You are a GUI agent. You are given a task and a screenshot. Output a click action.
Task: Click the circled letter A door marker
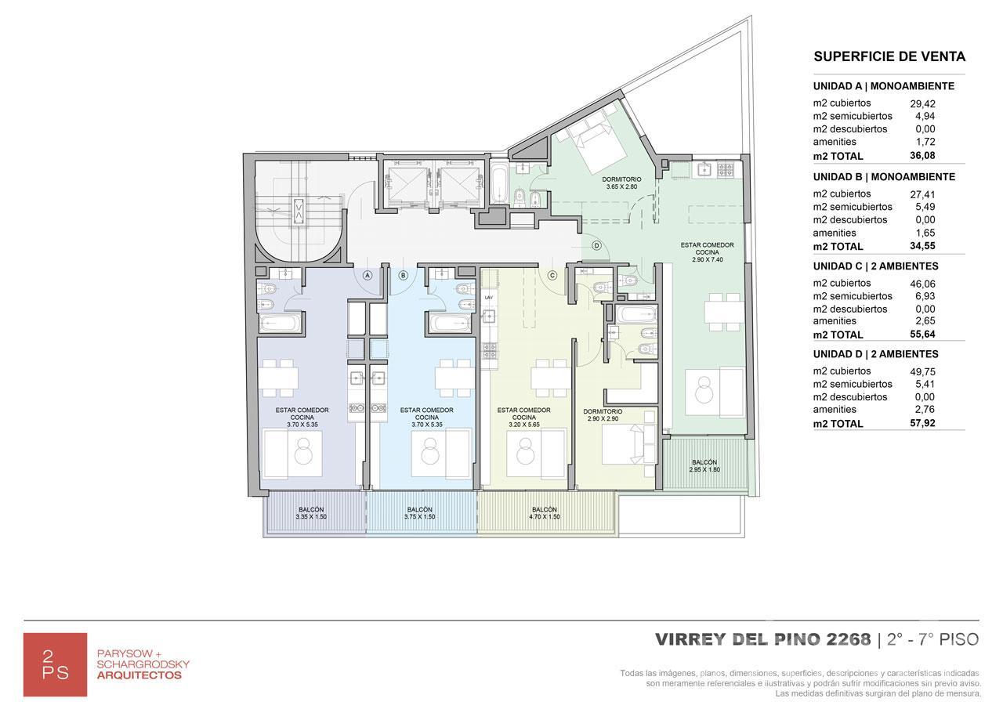368,275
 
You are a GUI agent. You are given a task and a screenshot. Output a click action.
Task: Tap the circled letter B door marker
403,275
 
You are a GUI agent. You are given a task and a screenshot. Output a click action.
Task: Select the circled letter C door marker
552,275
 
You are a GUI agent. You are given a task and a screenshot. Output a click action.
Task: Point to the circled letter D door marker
596,245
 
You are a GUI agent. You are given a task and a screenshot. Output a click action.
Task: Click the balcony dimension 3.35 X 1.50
311,516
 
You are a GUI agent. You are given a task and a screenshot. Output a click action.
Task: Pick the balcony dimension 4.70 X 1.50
544,516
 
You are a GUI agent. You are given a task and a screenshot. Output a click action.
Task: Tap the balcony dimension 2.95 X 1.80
704,469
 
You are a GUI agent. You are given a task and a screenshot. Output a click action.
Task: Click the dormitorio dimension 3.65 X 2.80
621,186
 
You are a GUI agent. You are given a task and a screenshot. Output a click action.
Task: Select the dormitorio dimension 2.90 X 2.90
603,418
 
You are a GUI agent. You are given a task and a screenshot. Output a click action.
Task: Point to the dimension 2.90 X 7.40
707,259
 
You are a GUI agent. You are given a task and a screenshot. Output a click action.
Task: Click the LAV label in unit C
488,297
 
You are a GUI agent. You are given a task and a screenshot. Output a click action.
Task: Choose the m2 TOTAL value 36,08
922,155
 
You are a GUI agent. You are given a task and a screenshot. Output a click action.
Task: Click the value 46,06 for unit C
922,284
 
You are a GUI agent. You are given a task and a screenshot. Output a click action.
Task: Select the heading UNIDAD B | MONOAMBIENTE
884,177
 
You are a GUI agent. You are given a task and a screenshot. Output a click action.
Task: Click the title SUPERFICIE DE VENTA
889,56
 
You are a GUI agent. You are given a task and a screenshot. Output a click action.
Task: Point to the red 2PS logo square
55,664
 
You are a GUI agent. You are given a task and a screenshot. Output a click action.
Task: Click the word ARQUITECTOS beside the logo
139,675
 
